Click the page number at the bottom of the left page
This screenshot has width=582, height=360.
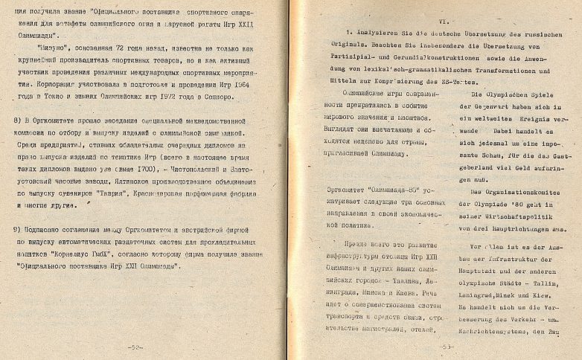(x=136, y=347)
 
